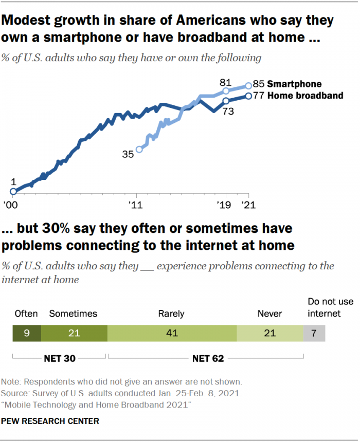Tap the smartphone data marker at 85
(249, 85)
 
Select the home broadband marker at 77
(249, 96)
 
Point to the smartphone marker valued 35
(138, 150)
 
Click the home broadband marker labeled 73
(226, 101)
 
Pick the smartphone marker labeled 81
(226, 90)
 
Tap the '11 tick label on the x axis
(136, 205)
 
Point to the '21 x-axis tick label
(249, 205)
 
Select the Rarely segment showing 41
(172, 334)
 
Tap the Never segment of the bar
(270, 334)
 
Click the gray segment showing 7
(314, 334)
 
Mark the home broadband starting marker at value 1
(13, 191)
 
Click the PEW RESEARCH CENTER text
(50, 421)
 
